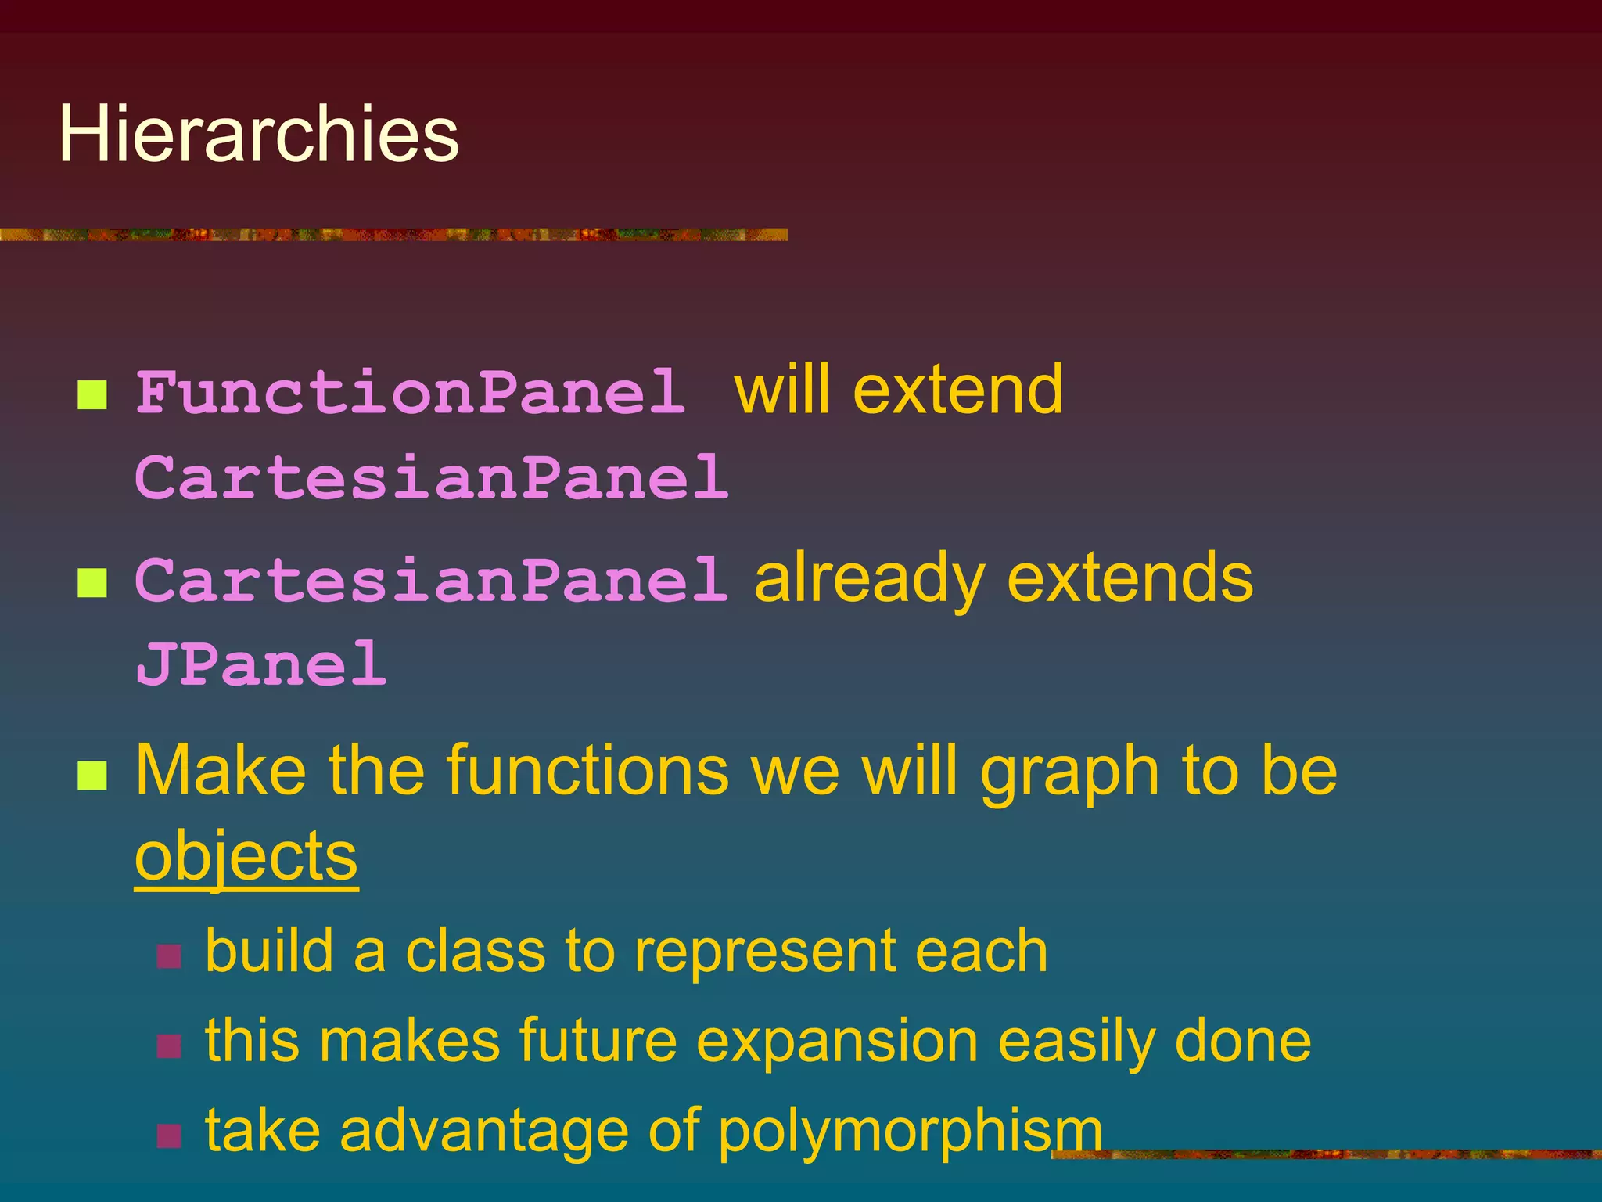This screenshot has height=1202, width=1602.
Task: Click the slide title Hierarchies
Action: pyautogui.click(x=258, y=135)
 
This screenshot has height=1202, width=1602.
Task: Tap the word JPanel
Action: pyautogui.click(x=260, y=664)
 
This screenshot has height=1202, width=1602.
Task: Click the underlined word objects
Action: pyautogui.click(x=246, y=856)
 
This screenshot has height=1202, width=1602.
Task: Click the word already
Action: pyautogui.click(x=869, y=579)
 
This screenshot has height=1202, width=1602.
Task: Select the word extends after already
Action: pyautogui.click(x=1130, y=579)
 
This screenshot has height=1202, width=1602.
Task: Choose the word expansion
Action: pyautogui.click(x=837, y=1043)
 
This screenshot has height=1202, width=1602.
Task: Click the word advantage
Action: pyautogui.click(x=483, y=1132)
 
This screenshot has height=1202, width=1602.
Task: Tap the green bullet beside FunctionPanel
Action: pyautogui.click(x=92, y=395)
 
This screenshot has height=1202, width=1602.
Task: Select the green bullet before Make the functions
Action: pyautogui.click(x=92, y=776)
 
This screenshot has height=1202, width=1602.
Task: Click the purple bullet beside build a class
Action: pyautogui.click(x=169, y=956)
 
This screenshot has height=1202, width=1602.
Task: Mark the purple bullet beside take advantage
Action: pyautogui.click(x=169, y=1135)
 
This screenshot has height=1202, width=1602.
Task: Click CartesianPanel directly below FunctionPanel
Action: pyautogui.click(x=432, y=477)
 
